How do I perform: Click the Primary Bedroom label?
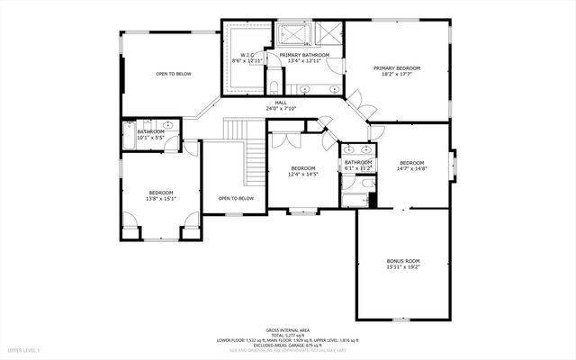[397, 67]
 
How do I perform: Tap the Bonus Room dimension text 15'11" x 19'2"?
[403, 267]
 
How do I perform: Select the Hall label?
[281, 103]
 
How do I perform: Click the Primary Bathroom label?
[303, 55]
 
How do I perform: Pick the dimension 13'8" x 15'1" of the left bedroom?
[160, 199]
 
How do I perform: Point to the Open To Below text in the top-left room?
[173, 74]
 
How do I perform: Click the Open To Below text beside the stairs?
[235, 198]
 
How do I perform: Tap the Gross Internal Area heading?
[287, 329]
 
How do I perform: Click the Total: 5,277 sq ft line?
[287, 335]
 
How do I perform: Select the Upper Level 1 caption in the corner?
[23, 348]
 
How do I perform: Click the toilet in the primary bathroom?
[273, 88]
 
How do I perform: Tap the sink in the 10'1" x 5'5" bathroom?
[167, 125]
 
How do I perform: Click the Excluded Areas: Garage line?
[287, 345]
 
